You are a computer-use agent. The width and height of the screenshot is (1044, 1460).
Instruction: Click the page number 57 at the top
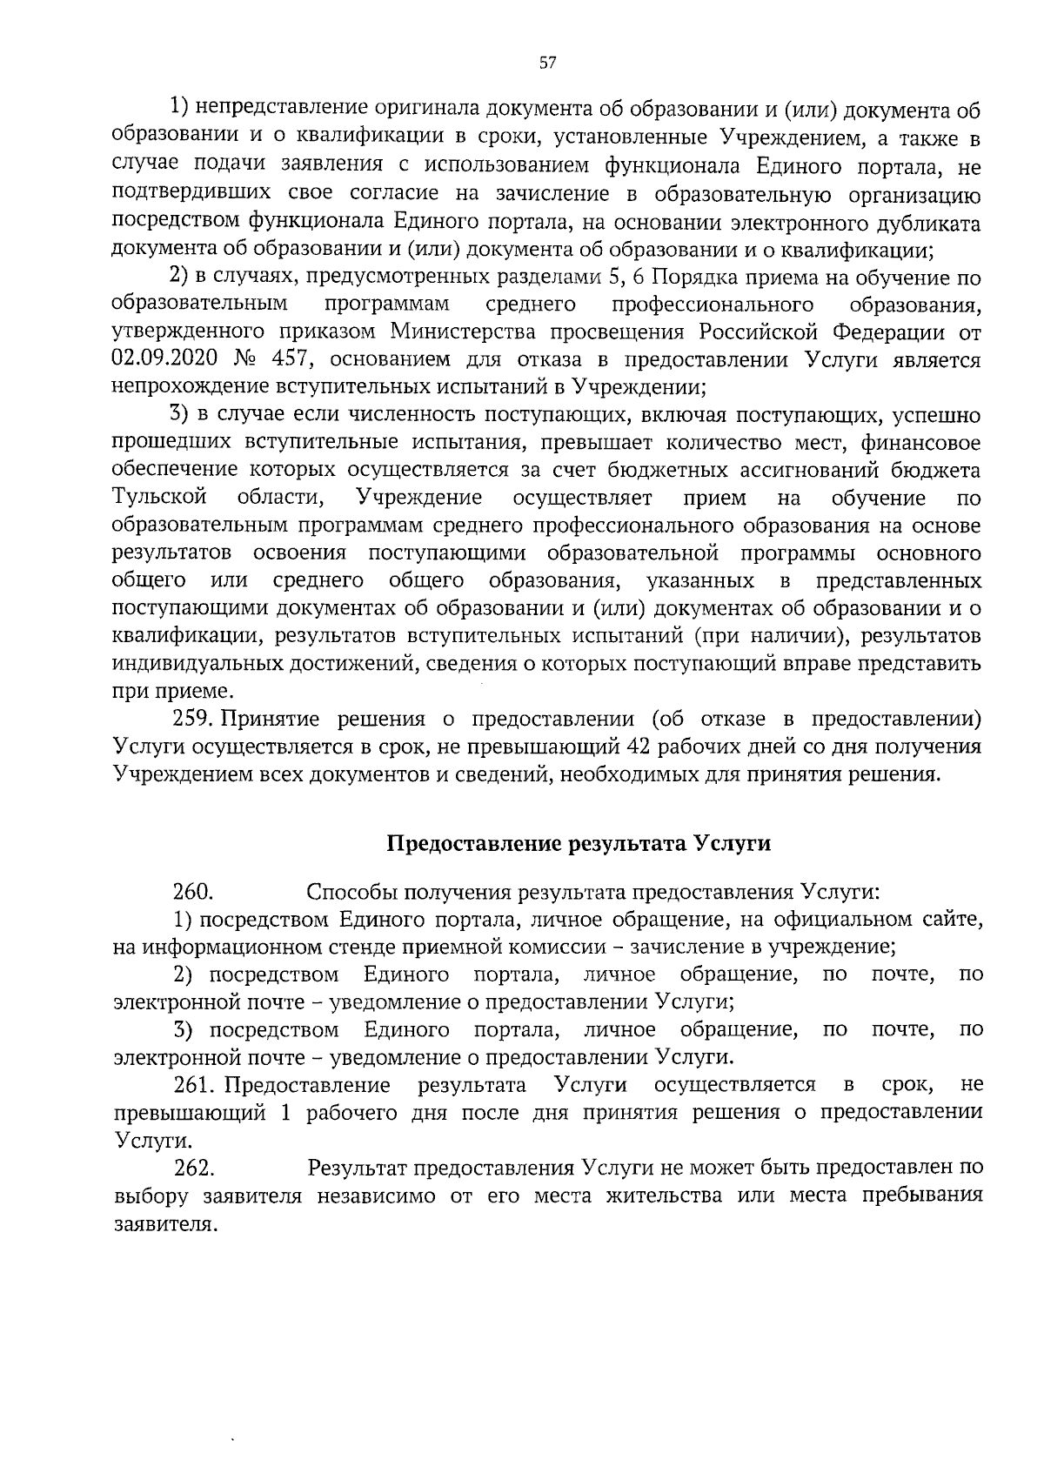click(x=546, y=63)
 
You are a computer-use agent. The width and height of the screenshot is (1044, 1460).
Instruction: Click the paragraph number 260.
click(x=193, y=892)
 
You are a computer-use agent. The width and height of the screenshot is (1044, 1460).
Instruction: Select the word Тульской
click(x=160, y=498)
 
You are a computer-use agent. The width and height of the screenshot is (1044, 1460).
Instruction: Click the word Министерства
click(x=457, y=332)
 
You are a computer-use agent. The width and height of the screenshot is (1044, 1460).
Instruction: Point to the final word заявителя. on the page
click(x=164, y=1223)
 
